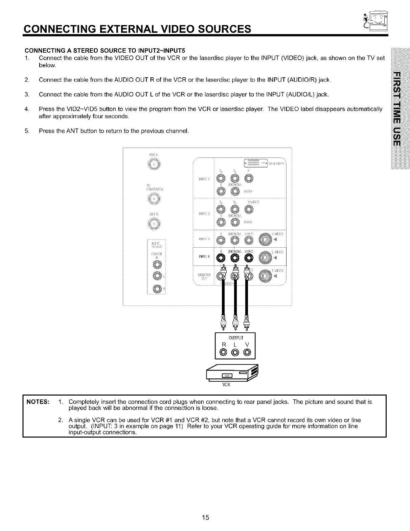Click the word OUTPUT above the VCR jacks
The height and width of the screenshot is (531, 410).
(x=236, y=337)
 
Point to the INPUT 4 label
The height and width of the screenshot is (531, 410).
(x=205, y=256)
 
